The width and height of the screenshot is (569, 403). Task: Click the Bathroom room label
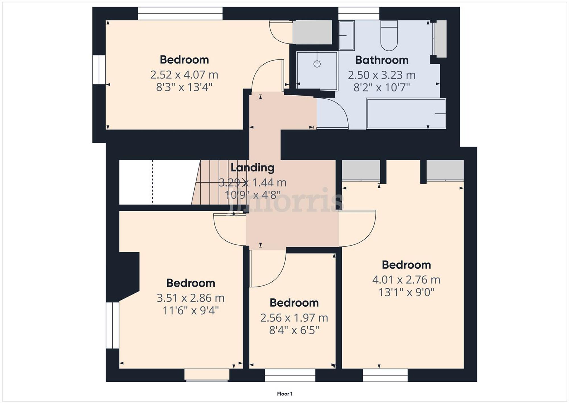coord(382,60)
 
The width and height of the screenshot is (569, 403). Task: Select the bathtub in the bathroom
coord(406,114)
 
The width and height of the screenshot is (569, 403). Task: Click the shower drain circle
coord(317,64)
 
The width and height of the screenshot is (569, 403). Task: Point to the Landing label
coord(252,168)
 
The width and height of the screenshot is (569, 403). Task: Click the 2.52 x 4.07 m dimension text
coord(184,75)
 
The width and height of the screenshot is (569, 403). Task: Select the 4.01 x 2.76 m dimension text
coord(406,280)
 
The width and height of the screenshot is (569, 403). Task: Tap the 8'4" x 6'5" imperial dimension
coord(294,330)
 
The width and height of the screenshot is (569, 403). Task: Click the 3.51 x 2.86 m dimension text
coord(190,298)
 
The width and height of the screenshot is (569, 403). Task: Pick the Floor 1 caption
coord(284,394)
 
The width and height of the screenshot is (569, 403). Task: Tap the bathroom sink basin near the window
coord(346,35)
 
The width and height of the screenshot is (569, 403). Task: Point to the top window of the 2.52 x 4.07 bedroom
coord(180,14)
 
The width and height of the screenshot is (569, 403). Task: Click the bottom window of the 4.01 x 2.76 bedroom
coord(385,375)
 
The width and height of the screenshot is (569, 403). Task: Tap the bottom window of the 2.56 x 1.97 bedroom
coord(290,375)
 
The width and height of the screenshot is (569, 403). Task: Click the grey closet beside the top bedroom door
coord(312,32)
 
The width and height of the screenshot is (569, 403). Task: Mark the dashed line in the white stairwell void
coord(152,182)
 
